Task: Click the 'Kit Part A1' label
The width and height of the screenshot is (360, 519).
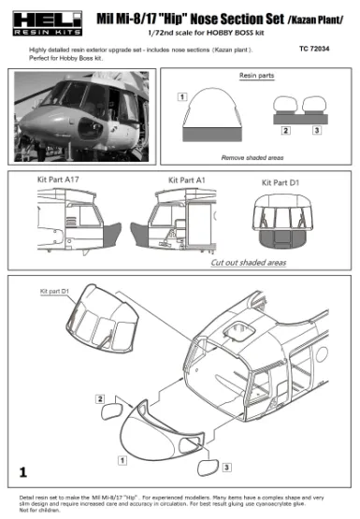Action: coord(187,179)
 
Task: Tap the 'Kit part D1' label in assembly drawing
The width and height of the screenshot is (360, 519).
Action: coord(54,292)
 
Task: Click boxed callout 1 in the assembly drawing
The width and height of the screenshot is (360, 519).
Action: coord(122,459)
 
